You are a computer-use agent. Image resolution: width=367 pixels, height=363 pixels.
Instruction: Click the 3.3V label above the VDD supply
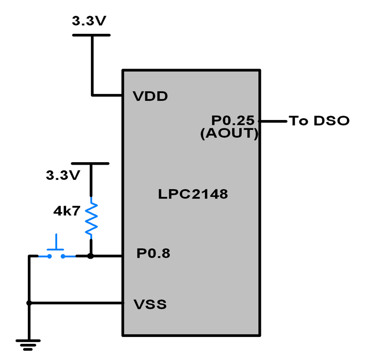pyautogui.click(x=89, y=21)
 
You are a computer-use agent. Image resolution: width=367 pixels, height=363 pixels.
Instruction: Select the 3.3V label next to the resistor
pyautogui.click(x=63, y=175)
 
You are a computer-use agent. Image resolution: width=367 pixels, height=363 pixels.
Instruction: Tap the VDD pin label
pyautogui.click(x=150, y=97)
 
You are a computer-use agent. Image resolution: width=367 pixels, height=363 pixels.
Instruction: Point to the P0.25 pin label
pyautogui.click(x=233, y=120)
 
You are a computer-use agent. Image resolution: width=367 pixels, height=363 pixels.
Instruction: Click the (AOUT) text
pyautogui.click(x=229, y=133)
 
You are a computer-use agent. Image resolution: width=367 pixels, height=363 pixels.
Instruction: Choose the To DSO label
pyautogui.click(x=319, y=121)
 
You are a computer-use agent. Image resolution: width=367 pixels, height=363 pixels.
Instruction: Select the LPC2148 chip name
pyautogui.click(x=193, y=194)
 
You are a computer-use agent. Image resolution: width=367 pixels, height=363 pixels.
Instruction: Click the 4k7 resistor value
pyautogui.click(x=66, y=211)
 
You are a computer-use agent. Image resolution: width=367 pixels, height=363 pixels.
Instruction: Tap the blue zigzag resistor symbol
pyautogui.click(x=91, y=218)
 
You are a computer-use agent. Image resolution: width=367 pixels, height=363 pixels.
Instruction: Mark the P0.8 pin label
pyautogui.click(x=153, y=254)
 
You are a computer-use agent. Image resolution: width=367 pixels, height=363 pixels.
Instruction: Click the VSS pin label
pyautogui.click(x=150, y=305)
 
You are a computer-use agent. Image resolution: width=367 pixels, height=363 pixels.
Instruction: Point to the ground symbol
pyautogui.click(x=29, y=344)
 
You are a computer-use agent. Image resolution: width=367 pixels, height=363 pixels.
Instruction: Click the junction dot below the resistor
pyautogui.click(x=91, y=256)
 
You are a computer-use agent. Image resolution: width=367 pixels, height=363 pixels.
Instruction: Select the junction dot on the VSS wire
pyautogui.click(x=29, y=303)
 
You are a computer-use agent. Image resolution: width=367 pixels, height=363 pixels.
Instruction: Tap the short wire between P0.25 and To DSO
pyautogui.click(x=274, y=121)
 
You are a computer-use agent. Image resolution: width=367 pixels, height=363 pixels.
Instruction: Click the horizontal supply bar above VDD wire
pyautogui.click(x=91, y=35)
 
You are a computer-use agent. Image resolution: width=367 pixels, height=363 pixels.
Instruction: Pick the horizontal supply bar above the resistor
pyautogui.click(x=90, y=163)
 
